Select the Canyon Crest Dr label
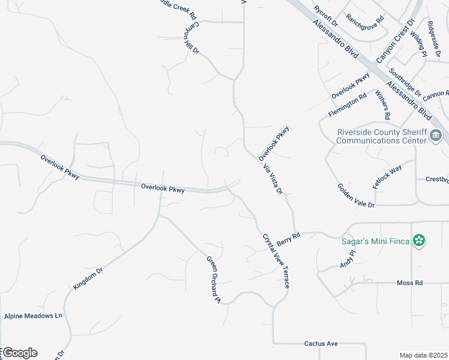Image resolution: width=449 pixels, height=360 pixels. pos(396,40)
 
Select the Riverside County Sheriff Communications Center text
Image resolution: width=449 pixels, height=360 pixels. pos(381,136)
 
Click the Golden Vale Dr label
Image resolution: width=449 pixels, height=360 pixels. pos(356,196)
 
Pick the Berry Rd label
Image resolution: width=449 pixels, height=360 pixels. pos(288,239)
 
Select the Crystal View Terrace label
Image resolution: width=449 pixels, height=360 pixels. pos(276,260)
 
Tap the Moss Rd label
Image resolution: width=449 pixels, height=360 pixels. pos(410,283)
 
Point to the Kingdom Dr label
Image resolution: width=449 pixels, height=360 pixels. pos(88,279)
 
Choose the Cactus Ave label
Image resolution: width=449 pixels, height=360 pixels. pos(321,344)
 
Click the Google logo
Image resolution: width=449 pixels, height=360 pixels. pos(20,353)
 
